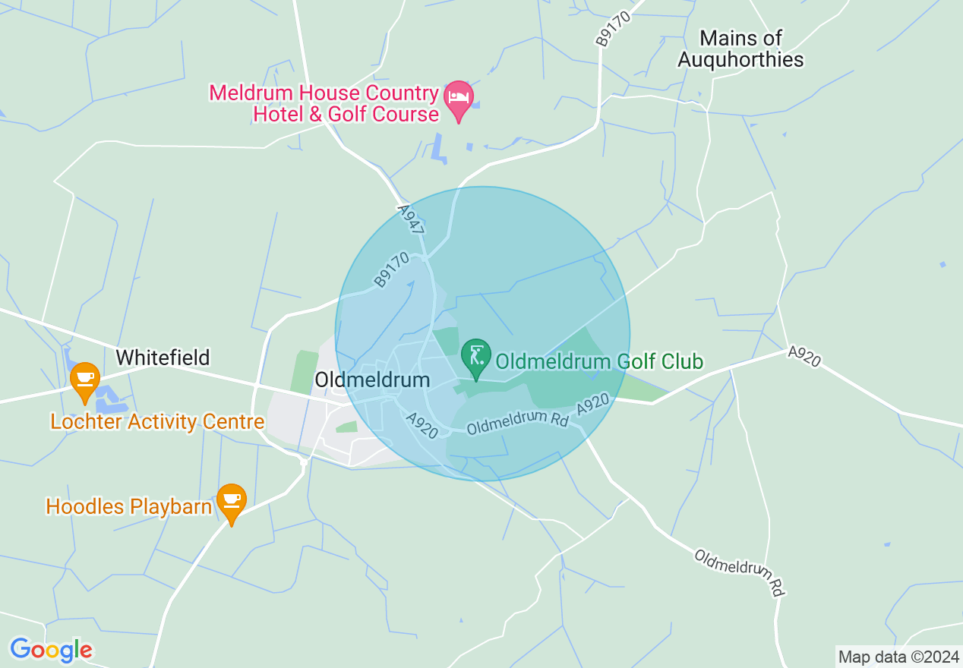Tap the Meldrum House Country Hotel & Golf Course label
pos(324,104)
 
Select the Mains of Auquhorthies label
pos(740,49)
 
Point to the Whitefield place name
pos(163,358)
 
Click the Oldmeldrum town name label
pos(372,380)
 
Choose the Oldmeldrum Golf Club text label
pos(599,361)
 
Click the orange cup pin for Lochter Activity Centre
pos(84,380)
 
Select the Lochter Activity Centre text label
pos(157,422)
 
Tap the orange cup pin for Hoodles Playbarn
pos(232,502)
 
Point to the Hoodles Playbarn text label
pos(128,506)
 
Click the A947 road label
pos(411,219)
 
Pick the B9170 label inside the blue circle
pos(392,269)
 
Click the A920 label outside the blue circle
pos(804,357)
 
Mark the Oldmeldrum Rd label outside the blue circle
pos(739,572)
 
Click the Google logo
pos(51,650)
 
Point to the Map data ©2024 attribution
pos(898,657)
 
